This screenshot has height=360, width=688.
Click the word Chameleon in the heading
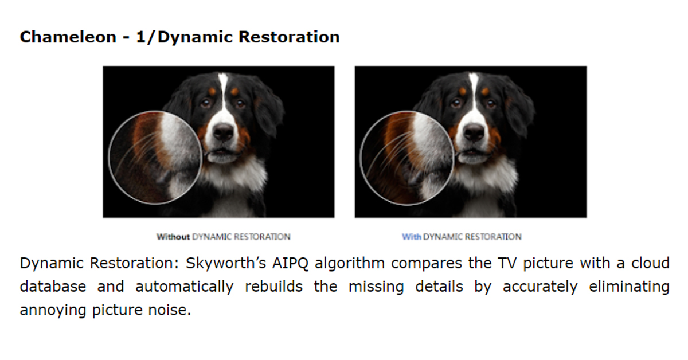68,37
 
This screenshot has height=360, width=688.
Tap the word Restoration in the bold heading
289,37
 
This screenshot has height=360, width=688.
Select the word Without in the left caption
173,237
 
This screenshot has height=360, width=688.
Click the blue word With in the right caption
412,237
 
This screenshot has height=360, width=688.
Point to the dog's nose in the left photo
224,131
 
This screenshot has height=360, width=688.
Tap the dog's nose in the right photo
475,131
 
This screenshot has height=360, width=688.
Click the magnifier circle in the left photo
109,157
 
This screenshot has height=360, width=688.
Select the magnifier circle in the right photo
360,157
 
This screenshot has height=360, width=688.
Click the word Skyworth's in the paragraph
226,263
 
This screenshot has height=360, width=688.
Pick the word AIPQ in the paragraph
290,264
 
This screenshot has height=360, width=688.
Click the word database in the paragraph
53,287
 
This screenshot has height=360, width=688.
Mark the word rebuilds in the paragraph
273,287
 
